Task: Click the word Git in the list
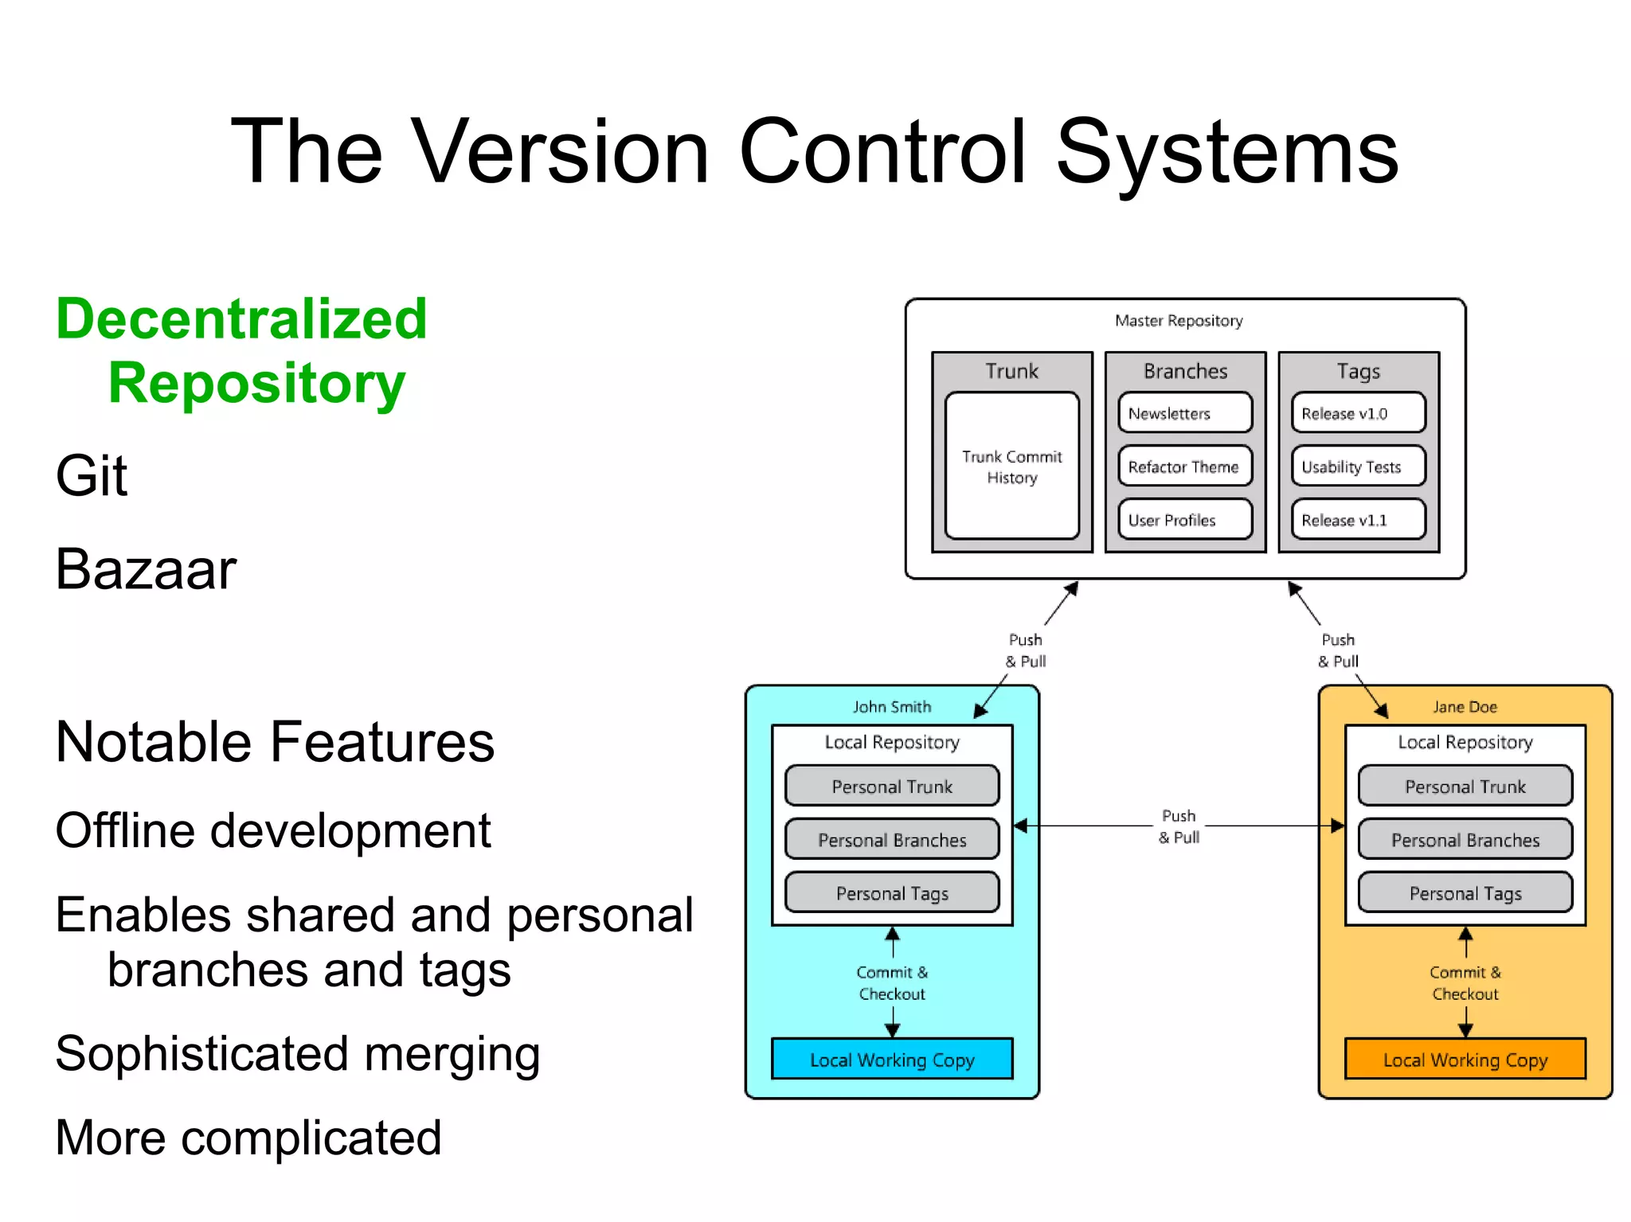tap(91, 476)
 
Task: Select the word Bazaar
tap(146, 570)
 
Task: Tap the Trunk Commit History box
tap(1011, 467)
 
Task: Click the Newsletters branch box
tap(1184, 413)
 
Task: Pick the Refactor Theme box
tap(1184, 467)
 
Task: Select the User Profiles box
tap(1184, 520)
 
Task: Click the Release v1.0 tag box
tap(1358, 413)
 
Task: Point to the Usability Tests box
tap(1358, 467)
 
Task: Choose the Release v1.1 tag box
tap(1358, 520)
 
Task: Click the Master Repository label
tap(1178, 321)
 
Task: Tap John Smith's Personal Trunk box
tap(891, 787)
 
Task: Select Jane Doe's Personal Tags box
tap(1465, 893)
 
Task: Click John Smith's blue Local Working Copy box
tap(891, 1060)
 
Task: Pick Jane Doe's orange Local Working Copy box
tap(1465, 1060)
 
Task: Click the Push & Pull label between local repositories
tap(1179, 826)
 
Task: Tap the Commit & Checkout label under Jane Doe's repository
tap(1465, 983)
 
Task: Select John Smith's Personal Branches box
tap(891, 840)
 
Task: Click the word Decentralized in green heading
tap(241, 319)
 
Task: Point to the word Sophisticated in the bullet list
tap(201, 1054)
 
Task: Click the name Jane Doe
tap(1465, 707)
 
